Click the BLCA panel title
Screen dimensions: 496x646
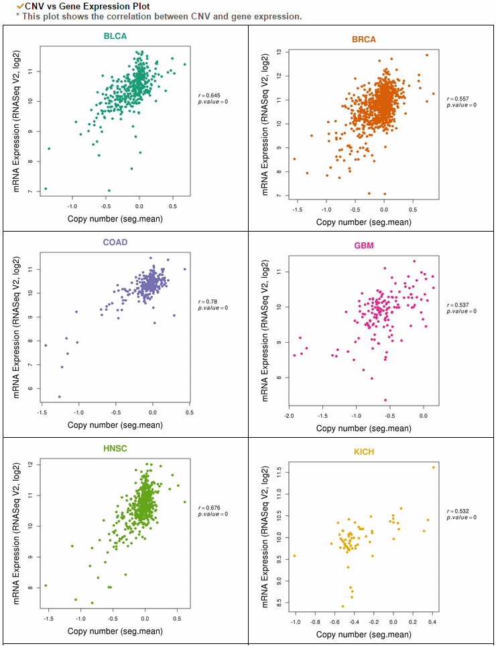tap(115, 36)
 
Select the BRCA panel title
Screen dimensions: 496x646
tap(363, 39)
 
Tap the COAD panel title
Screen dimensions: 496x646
tap(115, 242)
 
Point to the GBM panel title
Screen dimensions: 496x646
tap(364, 246)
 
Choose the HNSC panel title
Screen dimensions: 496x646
tap(115, 449)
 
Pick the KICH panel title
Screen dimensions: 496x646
tap(364, 452)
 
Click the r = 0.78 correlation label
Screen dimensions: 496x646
tap(206, 301)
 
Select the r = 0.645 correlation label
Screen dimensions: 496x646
tap(208, 96)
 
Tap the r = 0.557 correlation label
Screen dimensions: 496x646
tap(457, 99)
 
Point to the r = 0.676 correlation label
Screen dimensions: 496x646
tap(208, 508)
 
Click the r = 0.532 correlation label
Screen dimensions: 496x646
tap(457, 511)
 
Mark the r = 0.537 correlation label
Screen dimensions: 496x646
tap(457, 305)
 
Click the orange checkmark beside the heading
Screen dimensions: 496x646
tap(21, 6)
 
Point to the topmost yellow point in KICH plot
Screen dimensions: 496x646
tap(433, 467)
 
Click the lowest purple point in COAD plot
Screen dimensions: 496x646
tap(60, 397)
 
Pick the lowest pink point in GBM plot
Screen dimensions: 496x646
tap(385, 400)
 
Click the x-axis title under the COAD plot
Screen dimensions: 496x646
tap(115, 425)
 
